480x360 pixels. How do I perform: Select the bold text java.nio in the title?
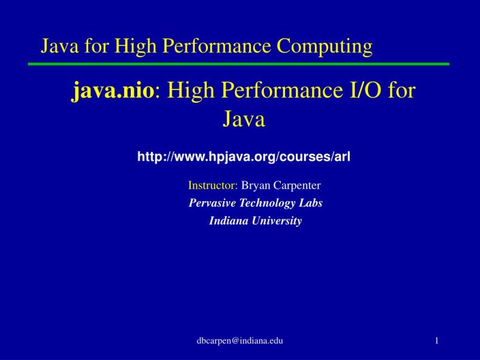[x=114, y=91]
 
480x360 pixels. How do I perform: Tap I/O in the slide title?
[x=357, y=91]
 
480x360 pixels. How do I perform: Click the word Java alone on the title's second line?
[x=244, y=119]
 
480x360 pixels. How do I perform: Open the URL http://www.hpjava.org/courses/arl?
[x=244, y=157]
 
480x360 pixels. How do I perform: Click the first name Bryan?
[x=254, y=185]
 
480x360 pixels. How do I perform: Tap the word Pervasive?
[x=210, y=203]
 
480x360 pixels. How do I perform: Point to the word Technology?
[x=266, y=203]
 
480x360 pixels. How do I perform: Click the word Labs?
[x=311, y=203]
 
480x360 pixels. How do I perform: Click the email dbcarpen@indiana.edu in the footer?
[x=240, y=341]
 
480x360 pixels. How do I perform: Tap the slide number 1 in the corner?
[x=437, y=341]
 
